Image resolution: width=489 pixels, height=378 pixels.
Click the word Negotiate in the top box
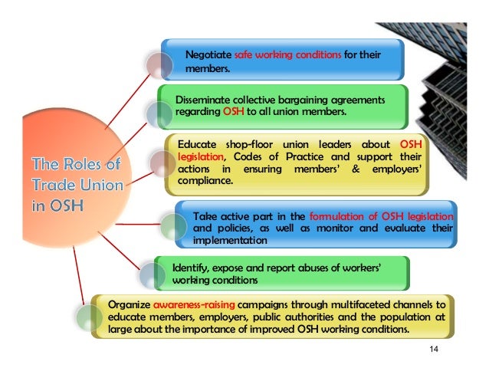click(209, 55)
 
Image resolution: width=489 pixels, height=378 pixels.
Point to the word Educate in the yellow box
click(197, 146)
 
